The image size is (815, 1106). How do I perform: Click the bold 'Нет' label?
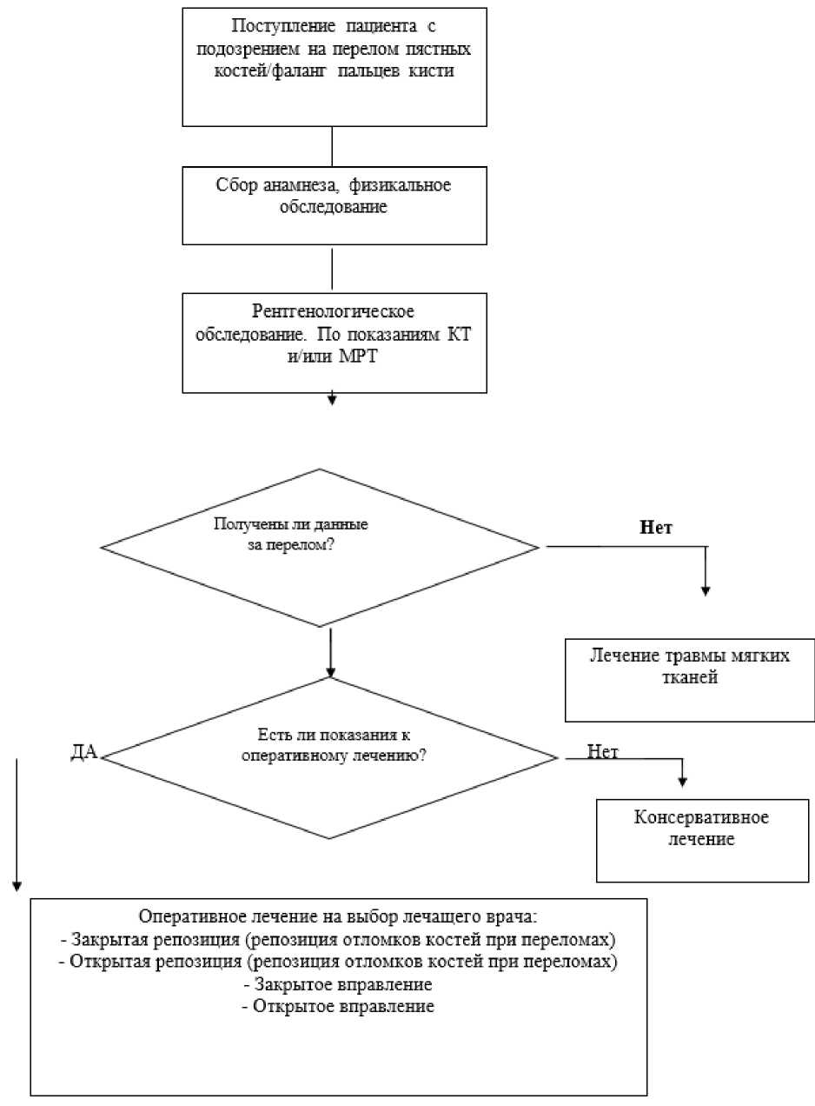click(x=656, y=527)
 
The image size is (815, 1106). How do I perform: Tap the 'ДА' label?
click(x=84, y=752)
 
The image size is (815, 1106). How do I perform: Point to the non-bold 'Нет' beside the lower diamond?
click(x=602, y=751)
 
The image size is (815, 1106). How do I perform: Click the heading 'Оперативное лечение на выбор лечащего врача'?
click(x=338, y=903)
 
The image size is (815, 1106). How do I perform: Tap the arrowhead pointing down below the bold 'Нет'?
click(x=706, y=591)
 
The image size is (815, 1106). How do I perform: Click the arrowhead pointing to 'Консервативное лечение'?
click(x=682, y=782)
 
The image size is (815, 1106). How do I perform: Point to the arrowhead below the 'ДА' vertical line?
click(x=17, y=887)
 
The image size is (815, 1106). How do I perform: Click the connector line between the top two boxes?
click(x=332, y=146)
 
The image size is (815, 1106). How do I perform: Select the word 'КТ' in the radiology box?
click(x=459, y=334)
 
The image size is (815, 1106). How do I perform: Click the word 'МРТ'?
click(x=358, y=356)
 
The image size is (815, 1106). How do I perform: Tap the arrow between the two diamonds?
click(x=330, y=653)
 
